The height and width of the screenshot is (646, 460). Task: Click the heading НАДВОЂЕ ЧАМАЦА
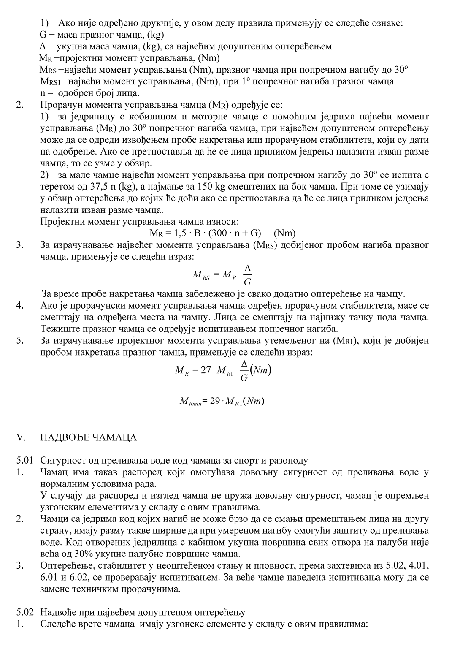click(89, 437)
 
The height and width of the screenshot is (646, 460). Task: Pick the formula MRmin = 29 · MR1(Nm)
click(222, 401)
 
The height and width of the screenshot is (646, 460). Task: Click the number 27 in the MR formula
click(206, 370)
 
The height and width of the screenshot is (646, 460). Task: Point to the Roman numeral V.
click(20, 437)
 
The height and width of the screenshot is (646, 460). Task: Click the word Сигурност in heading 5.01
click(62, 461)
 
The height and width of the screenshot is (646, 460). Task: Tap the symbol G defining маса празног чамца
click(43, 35)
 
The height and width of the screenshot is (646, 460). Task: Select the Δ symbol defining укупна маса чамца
click(42, 46)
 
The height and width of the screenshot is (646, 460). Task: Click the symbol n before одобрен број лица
click(42, 93)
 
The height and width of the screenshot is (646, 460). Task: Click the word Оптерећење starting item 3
click(65, 565)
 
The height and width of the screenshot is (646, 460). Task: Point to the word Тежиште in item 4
click(57, 328)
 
